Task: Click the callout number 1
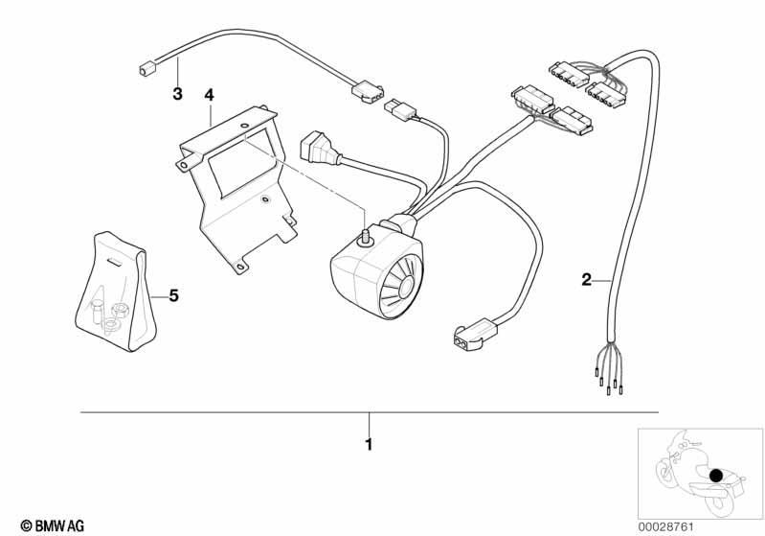[369, 445]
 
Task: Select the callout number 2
[586, 280]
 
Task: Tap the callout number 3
[177, 93]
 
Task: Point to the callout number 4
[210, 94]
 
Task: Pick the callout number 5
[173, 295]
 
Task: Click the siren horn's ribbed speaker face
[400, 289]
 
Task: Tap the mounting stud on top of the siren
[365, 237]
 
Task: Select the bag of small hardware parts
[116, 292]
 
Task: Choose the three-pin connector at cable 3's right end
[368, 92]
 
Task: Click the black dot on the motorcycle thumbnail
[716, 476]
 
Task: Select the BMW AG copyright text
[53, 525]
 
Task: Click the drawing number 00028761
[666, 526]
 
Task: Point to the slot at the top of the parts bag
[114, 262]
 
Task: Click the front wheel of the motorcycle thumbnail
[666, 473]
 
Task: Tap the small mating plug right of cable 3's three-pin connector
[401, 108]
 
